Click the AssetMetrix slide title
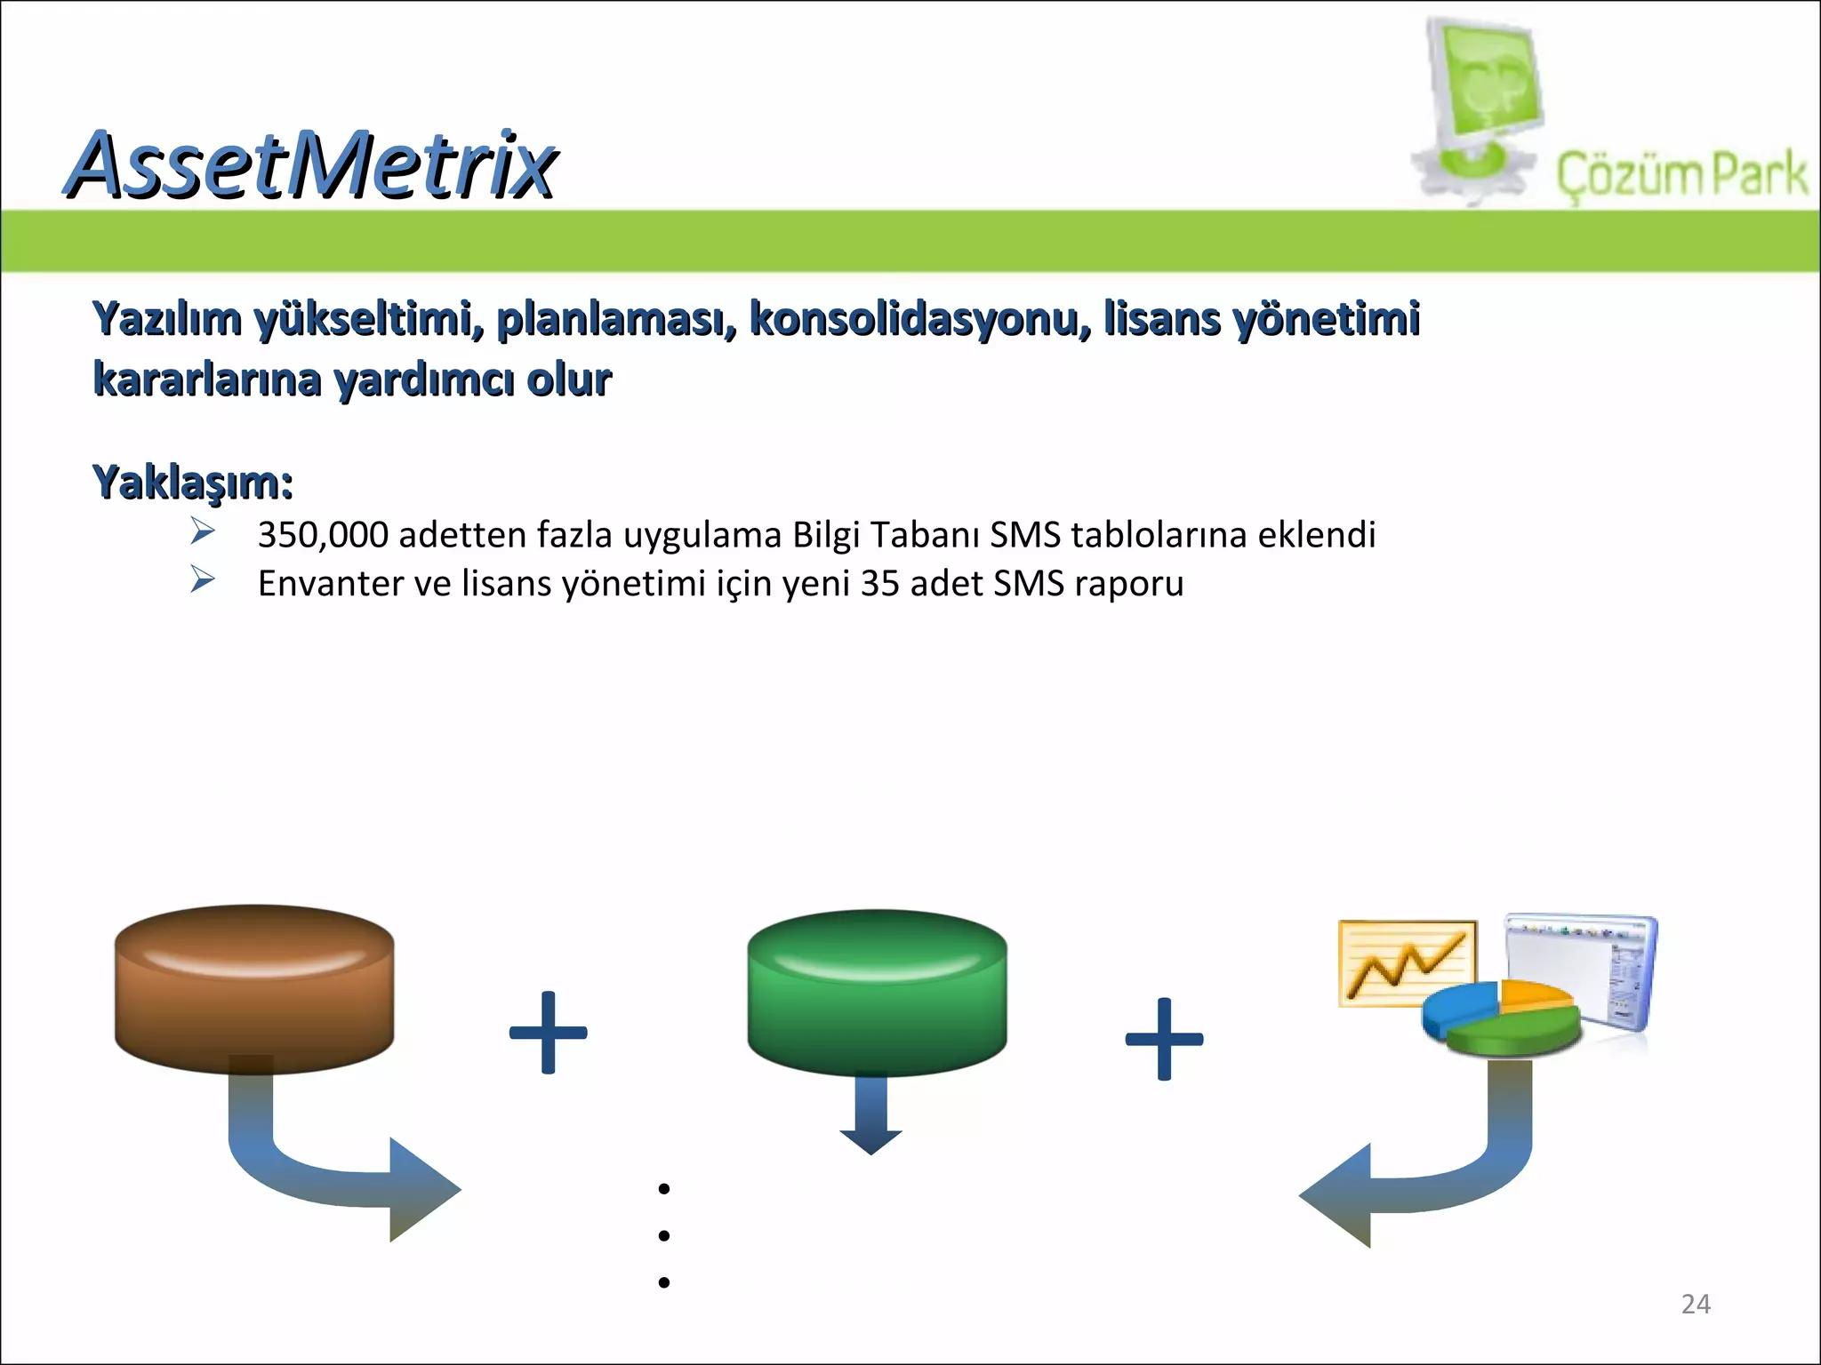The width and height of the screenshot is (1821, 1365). (311, 164)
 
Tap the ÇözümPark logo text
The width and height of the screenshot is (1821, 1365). (1681, 174)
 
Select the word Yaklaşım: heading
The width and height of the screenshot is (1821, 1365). (193, 483)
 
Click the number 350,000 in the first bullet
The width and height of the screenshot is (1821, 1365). (323, 535)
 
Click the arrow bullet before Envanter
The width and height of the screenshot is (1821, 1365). (203, 580)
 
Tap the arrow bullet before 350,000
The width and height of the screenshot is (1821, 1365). (203, 531)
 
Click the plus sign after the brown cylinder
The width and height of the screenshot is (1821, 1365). (548, 1033)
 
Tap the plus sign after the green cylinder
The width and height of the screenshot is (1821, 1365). (1164, 1039)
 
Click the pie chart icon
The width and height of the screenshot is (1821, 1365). (1501, 1018)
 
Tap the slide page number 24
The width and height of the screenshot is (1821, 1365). (1696, 1304)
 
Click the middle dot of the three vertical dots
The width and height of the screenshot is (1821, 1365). (663, 1235)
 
